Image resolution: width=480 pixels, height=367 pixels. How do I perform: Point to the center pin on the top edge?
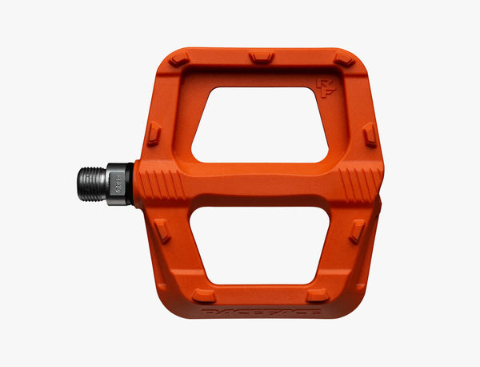point(262,57)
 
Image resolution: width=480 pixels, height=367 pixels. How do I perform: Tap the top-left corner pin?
point(179,59)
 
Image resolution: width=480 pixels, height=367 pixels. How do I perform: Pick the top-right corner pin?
point(344,59)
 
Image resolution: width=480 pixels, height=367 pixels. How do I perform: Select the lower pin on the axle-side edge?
point(162,231)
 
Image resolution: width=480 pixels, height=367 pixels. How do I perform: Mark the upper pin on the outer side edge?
point(369,135)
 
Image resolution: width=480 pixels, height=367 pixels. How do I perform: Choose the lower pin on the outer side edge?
point(357,231)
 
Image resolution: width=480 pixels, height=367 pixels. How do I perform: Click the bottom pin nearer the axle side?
point(204,295)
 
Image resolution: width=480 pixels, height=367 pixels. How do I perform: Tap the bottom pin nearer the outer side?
point(318,295)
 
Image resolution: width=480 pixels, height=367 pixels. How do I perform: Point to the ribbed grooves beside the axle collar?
point(162,183)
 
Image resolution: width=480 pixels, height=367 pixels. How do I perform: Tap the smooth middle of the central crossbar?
point(260,183)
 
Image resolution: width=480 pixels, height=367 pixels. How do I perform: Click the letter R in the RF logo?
point(321,83)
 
